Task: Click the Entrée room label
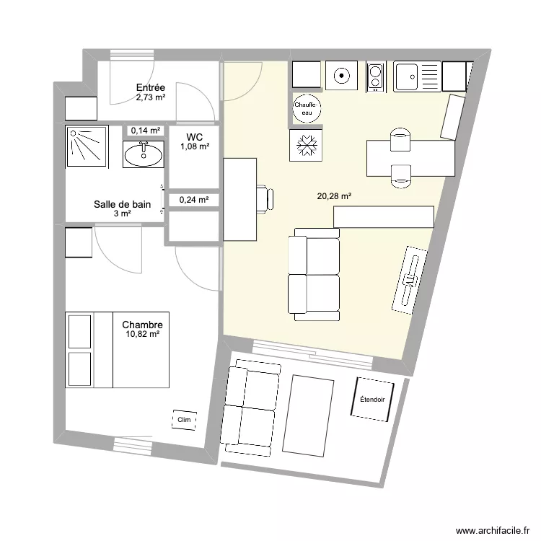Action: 151,88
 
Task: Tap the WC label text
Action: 194,137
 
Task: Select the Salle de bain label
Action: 122,204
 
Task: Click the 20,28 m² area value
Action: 334,195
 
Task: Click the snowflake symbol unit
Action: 305,145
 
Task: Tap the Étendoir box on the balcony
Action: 372,398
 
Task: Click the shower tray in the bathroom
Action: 87,146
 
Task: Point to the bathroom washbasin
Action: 144,154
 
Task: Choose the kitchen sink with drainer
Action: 416,76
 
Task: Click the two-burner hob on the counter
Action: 376,76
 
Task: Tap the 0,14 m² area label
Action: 145,131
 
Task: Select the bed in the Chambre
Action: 117,349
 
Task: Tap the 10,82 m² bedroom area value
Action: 142,335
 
